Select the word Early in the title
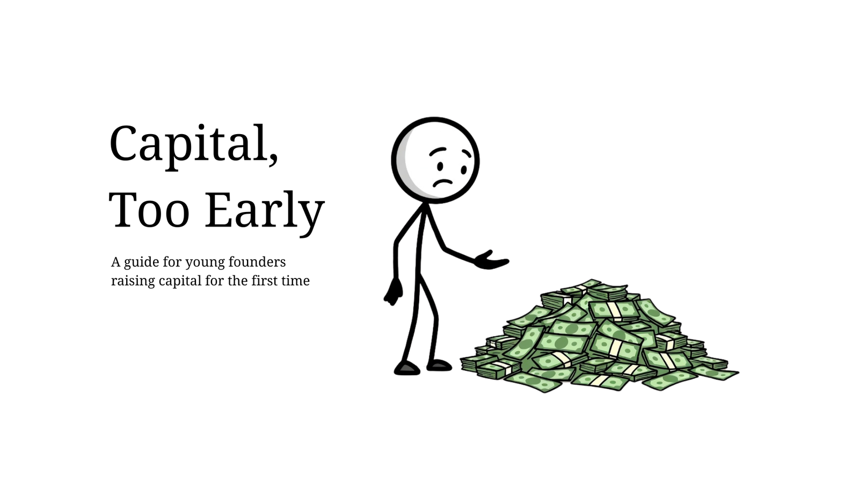pos(265,213)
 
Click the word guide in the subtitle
pos(141,263)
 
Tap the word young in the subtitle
pos(205,264)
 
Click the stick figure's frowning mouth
pos(443,182)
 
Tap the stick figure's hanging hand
pos(393,292)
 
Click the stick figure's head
pos(435,160)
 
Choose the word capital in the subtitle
pos(180,281)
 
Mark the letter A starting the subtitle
pos(116,262)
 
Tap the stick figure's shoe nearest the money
pos(440,365)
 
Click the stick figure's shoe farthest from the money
pos(407,368)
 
